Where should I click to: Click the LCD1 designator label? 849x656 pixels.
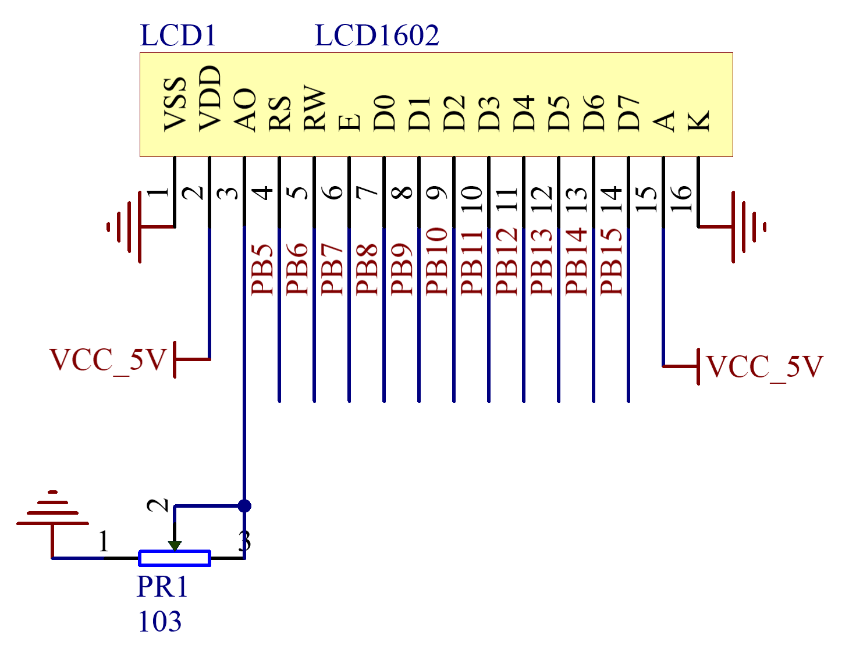(x=178, y=35)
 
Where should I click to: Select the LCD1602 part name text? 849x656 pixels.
(x=376, y=35)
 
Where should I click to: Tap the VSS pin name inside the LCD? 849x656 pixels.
(x=175, y=104)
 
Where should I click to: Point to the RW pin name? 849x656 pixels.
(x=314, y=108)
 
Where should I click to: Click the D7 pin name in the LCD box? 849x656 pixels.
(x=628, y=113)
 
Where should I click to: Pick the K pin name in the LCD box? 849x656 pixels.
(x=698, y=120)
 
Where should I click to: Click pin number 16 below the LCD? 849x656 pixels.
(x=681, y=199)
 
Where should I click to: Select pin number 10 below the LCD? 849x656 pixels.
(x=471, y=199)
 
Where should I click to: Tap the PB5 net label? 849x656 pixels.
(x=261, y=270)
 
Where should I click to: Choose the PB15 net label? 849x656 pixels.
(x=610, y=262)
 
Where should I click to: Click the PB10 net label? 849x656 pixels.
(x=436, y=262)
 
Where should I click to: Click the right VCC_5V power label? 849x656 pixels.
(x=765, y=367)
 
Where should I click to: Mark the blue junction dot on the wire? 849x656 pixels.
(x=244, y=506)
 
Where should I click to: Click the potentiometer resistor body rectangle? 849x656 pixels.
(x=175, y=558)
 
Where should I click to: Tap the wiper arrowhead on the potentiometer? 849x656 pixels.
(x=175, y=546)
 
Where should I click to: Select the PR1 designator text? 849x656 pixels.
(x=162, y=587)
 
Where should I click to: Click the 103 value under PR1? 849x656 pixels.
(x=160, y=622)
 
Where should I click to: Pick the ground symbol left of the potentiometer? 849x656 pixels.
(x=52, y=508)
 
